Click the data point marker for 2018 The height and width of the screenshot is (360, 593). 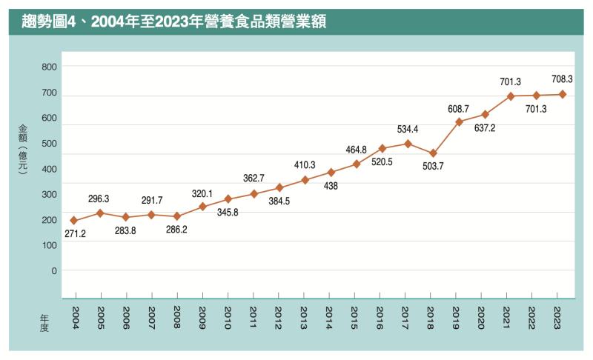tap(434, 153)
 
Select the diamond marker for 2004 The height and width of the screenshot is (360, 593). tap(74, 221)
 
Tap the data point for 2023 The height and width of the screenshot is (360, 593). tap(562, 94)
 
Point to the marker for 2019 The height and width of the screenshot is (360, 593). tap(459, 121)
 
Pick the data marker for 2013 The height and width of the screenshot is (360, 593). tap(305, 180)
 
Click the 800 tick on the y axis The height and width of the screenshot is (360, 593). tap(50, 67)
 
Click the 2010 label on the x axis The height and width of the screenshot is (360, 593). tap(228, 317)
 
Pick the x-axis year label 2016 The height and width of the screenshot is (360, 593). tap(380, 317)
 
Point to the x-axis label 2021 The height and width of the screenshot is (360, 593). tap(507, 317)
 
